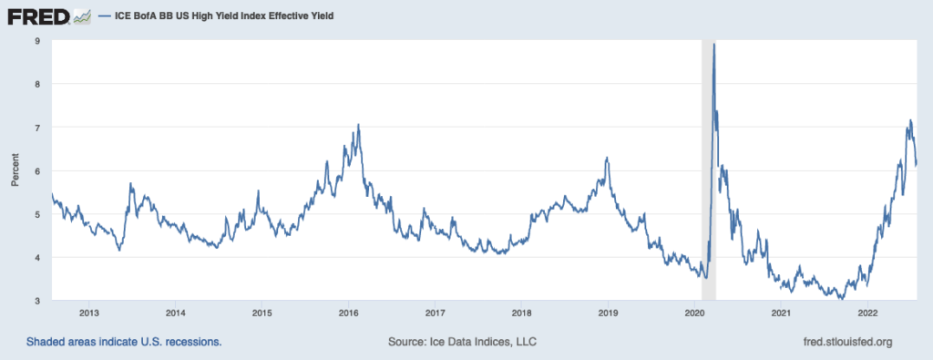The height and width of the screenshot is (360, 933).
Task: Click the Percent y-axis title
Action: pos(15,170)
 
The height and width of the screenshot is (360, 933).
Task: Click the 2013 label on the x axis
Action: pos(89,314)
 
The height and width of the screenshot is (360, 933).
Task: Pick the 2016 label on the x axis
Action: pos(348,314)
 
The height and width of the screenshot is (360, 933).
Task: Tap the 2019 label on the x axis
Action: pos(608,314)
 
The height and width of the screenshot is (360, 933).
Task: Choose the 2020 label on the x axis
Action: pos(694,314)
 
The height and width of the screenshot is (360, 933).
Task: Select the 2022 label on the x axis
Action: pos(867,314)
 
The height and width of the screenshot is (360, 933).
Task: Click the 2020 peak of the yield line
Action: pos(713,44)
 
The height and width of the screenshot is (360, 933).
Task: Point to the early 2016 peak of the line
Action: pos(359,125)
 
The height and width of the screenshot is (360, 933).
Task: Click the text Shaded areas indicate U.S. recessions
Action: pos(124,342)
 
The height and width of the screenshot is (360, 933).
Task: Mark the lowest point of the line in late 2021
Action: pos(841,298)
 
